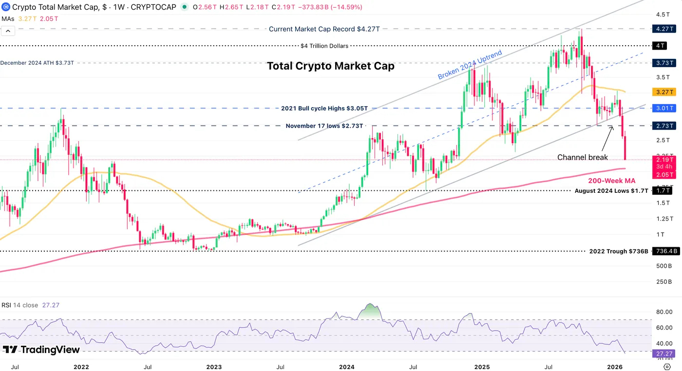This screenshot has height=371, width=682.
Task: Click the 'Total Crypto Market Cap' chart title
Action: point(330,66)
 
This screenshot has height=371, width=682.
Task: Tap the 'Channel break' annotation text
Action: point(583,157)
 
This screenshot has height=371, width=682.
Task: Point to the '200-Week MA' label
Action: point(615,181)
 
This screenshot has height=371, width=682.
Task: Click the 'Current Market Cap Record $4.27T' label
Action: point(324,29)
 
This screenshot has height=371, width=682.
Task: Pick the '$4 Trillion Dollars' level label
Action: point(324,46)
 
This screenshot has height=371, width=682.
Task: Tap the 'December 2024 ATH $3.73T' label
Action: point(37,63)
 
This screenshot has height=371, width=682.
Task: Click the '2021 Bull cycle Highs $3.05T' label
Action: point(323,108)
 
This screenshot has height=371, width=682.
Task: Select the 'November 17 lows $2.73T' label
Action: point(324,126)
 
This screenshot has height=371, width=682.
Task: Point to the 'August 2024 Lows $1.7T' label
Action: point(611,191)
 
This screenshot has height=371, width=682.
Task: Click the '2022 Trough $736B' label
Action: point(619,251)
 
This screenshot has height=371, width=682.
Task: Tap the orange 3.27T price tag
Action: point(664,92)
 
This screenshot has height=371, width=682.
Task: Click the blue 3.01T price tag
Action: point(664,108)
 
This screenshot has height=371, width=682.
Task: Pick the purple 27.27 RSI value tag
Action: point(663,353)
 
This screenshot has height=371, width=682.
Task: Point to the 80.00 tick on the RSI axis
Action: point(664,312)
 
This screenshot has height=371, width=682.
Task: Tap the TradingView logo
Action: point(41,350)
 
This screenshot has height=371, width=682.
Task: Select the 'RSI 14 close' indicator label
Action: point(19,305)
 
